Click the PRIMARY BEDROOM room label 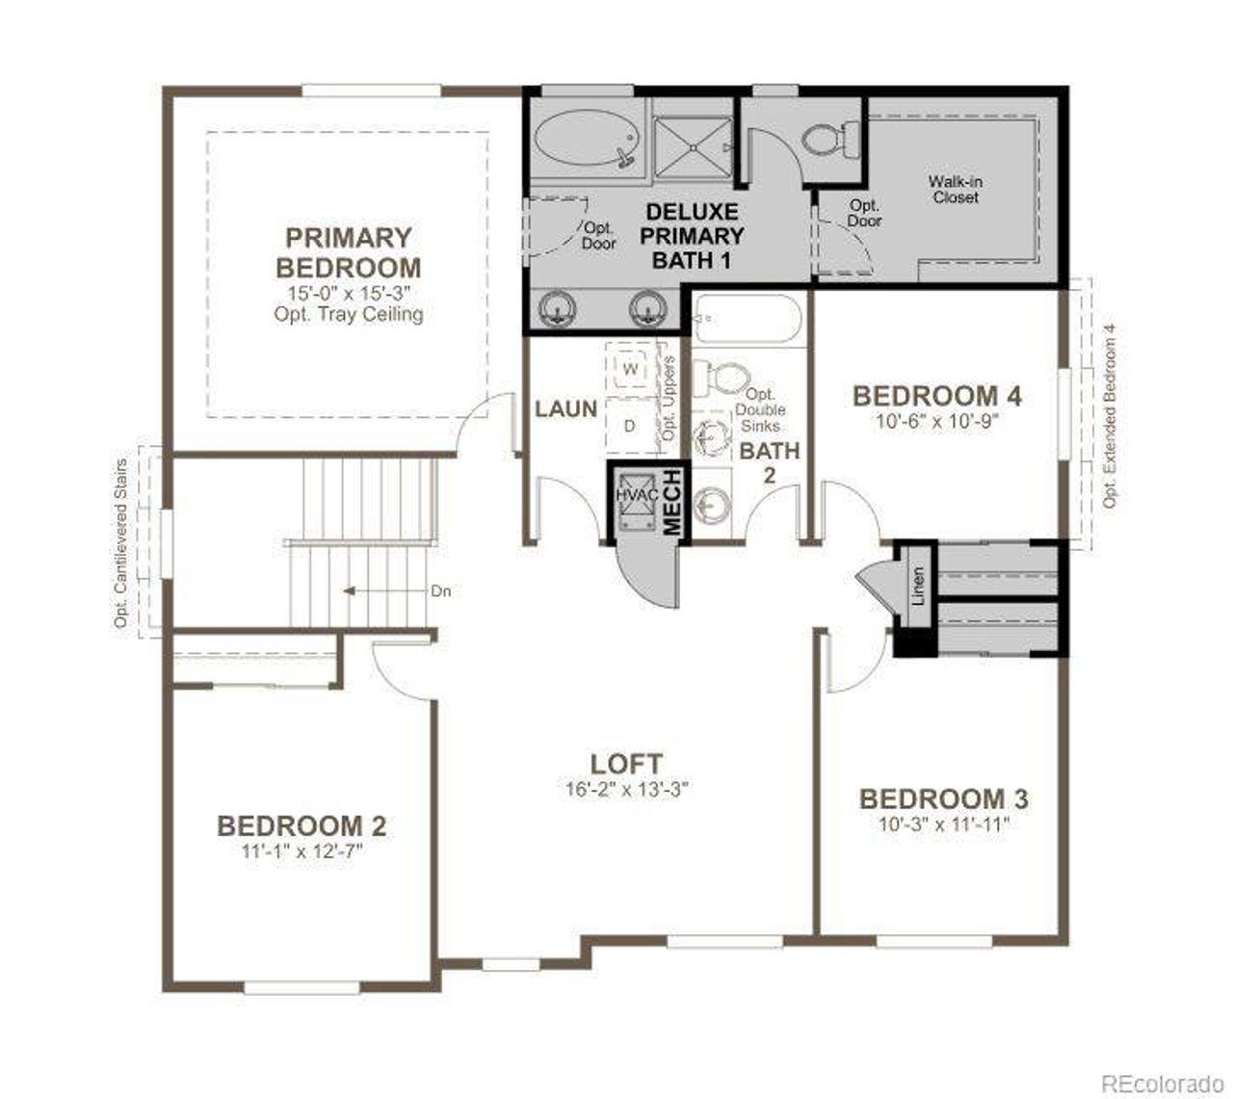(x=348, y=252)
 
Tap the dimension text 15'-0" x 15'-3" (x=348, y=294)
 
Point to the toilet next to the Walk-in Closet (x=826, y=139)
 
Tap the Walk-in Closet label (x=955, y=189)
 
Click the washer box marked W (x=631, y=369)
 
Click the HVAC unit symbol (x=636, y=495)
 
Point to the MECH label (x=672, y=501)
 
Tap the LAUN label (x=566, y=409)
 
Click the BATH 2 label (x=769, y=461)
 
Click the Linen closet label (x=917, y=585)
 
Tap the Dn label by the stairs (x=440, y=591)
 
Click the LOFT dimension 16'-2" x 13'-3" (x=626, y=789)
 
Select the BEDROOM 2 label (x=302, y=825)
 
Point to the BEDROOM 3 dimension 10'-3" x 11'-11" (x=943, y=824)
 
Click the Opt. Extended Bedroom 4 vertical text (x=1110, y=414)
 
